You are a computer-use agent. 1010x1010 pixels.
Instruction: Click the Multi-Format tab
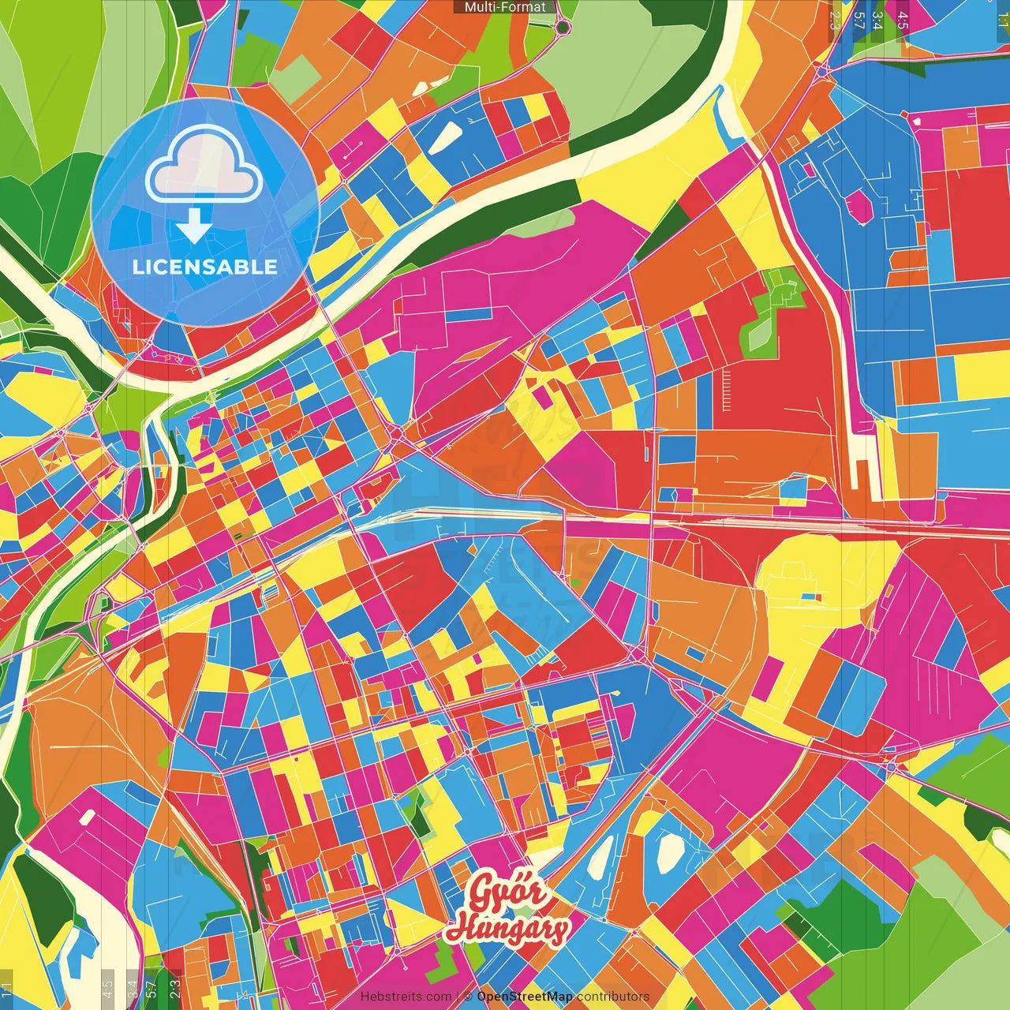coord(505,7)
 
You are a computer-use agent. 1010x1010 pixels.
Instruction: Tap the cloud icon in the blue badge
coord(204,167)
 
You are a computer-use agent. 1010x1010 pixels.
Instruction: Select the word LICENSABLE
coord(205,267)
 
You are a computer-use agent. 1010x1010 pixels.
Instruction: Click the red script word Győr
coord(507,892)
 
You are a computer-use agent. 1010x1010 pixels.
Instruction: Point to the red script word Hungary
coord(507,929)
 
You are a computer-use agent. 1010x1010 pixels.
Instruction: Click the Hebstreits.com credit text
coord(406,997)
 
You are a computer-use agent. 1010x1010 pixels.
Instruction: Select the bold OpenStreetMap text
coord(525,997)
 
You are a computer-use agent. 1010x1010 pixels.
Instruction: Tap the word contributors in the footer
coord(613,997)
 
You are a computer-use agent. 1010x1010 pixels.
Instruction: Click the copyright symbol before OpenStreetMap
coord(468,997)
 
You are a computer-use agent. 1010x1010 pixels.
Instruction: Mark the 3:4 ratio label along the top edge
coord(877,20)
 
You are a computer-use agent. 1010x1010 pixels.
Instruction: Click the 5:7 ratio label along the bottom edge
coord(151,988)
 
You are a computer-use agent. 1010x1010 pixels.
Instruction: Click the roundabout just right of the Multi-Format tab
coord(563,28)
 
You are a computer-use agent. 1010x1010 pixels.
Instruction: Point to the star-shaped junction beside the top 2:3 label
coord(823,69)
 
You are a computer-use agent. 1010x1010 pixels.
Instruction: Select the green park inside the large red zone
coord(773,312)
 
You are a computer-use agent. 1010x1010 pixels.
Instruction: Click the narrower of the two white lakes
coord(600,856)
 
